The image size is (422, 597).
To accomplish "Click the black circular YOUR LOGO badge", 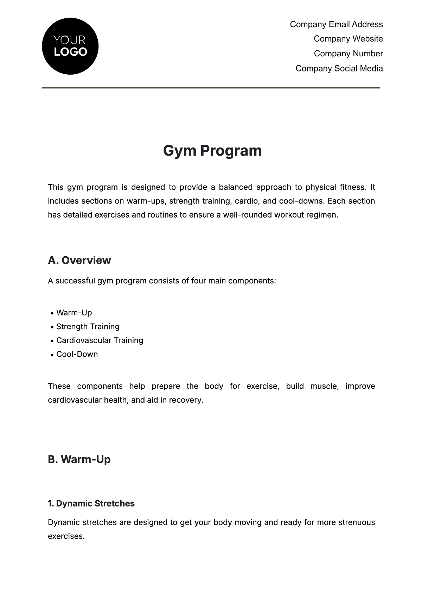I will click(70, 46).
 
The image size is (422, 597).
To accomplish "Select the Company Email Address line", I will click(336, 24).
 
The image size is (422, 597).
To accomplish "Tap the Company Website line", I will click(348, 39).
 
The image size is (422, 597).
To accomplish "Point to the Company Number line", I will click(348, 54).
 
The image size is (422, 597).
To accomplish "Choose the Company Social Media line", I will click(339, 68).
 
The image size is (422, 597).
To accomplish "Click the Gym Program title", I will click(212, 151).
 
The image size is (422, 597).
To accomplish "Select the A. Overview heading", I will click(79, 260).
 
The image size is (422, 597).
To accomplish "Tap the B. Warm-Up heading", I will click(79, 459).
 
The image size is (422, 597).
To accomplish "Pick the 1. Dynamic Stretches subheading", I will click(91, 503).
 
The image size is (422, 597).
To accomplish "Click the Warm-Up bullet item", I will click(74, 313).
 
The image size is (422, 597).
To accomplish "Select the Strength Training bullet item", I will click(88, 327).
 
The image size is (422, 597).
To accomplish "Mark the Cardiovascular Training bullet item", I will click(100, 340).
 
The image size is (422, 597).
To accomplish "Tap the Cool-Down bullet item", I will click(77, 354).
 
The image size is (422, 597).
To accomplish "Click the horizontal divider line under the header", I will click(211, 88).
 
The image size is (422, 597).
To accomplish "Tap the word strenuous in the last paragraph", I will click(357, 522).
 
